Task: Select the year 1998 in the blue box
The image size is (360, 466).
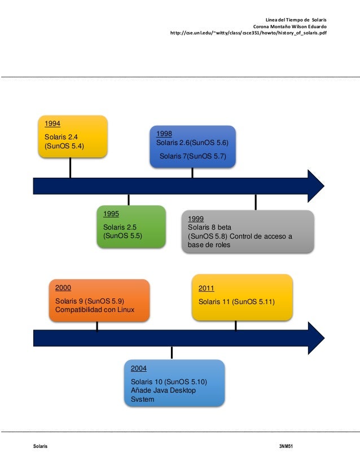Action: [164, 134]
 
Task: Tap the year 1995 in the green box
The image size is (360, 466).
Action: [111, 214]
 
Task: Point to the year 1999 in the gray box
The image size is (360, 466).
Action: [196, 219]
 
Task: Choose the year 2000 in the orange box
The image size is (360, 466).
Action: [63, 288]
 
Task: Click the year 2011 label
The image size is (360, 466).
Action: [207, 289]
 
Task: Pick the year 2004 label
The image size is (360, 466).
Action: [139, 368]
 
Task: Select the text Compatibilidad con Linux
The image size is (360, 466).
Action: [95, 310]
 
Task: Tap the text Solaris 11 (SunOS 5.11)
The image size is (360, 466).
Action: [236, 302]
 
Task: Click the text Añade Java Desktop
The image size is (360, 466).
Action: [163, 390]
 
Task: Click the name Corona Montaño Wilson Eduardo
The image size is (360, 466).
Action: [290, 26]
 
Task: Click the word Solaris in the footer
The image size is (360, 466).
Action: [40, 446]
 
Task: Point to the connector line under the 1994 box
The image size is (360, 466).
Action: [70, 168]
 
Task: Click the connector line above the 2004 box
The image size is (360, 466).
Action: [172, 353]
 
